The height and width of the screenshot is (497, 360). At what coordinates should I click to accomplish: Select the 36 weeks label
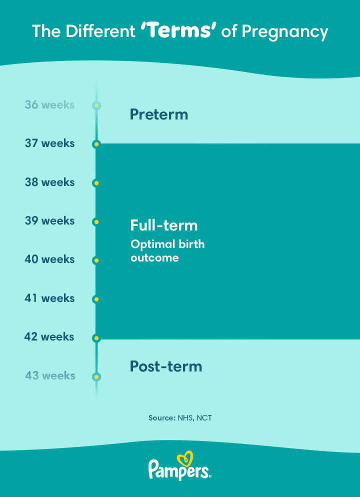point(50,104)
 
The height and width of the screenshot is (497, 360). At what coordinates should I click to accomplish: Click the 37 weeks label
point(50,143)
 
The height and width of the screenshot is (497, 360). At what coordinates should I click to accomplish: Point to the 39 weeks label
point(50,220)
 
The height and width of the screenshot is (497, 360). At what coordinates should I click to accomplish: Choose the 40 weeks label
point(50,259)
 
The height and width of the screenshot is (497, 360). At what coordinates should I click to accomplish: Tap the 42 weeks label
point(49,336)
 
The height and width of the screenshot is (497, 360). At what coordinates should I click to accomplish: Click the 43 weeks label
point(50,375)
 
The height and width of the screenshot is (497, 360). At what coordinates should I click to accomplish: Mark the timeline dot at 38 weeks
point(96,183)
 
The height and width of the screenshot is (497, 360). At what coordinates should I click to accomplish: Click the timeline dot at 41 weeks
point(96,299)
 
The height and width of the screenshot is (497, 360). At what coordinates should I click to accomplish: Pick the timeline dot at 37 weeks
point(96,144)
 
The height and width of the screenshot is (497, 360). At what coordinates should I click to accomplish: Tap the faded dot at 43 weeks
point(96,377)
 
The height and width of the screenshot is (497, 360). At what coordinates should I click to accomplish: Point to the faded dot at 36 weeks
point(96,105)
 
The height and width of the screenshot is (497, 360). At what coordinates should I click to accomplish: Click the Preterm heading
point(159,114)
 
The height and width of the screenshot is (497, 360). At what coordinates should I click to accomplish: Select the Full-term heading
point(164,225)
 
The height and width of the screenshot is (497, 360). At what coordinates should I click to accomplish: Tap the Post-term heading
point(166,366)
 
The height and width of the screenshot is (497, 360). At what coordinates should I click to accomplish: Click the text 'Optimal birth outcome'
point(167,250)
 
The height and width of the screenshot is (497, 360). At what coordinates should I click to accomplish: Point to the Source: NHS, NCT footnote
point(180,418)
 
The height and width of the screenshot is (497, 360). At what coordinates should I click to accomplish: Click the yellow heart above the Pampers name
point(185,459)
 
